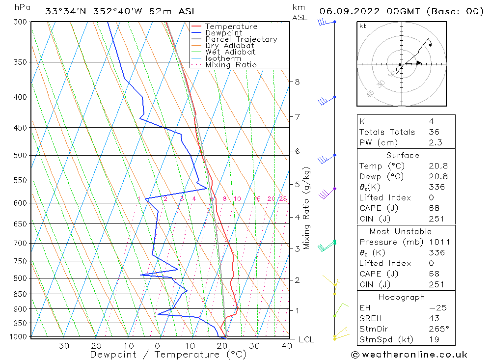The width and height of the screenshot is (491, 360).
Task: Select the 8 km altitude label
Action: click(x=297, y=82)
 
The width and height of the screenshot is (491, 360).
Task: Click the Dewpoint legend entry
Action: click(x=223, y=33)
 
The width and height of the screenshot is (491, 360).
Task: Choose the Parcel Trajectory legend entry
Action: click(x=241, y=39)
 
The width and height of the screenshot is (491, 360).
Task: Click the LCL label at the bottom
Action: click(x=306, y=339)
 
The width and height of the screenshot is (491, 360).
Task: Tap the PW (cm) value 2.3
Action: click(x=435, y=142)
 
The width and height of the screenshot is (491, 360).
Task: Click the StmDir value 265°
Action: click(x=437, y=329)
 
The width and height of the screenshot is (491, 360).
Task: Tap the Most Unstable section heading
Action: click(x=401, y=231)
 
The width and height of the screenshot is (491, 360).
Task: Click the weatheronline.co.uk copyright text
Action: click(x=409, y=354)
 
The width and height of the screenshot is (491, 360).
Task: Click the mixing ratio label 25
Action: click(x=283, y=199)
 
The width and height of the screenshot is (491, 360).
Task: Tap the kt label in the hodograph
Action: click(x=363, y=26)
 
